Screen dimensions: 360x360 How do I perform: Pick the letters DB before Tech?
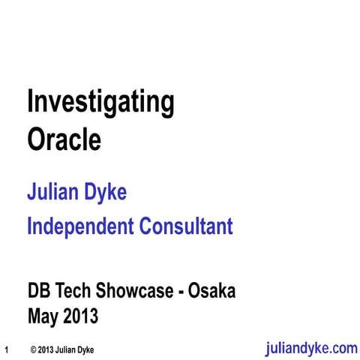pyautogui.click(x=39, y=291)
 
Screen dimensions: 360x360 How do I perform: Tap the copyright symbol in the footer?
pyautogui.click(x=34, y=349)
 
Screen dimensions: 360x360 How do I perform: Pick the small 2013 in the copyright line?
pyautogui.click(x=47, y=349)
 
